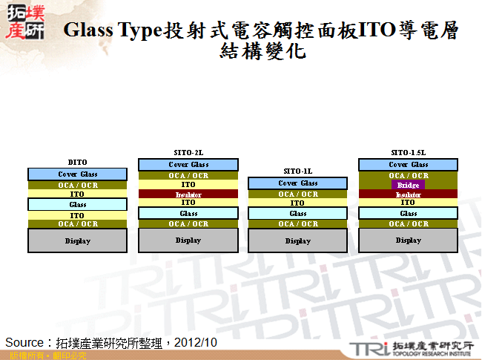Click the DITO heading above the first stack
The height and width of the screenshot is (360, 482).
[77, 162]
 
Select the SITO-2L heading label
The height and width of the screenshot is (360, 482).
[188, 152]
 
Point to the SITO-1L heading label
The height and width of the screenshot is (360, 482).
[297, 171]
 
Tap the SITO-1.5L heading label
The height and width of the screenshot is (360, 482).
[408, 152]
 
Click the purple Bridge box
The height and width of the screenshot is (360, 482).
[408, 185]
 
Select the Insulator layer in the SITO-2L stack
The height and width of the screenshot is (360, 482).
[188, 194]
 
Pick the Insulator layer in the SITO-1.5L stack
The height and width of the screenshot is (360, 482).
[408, 194]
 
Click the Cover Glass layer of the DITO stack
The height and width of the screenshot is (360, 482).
[77, 174]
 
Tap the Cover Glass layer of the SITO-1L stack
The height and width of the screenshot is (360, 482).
[297, 183]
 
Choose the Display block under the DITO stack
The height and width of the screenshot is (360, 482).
[77, 240]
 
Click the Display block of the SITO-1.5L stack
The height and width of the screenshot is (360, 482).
[408, 240]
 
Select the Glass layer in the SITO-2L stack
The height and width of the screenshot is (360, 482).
[188, 213]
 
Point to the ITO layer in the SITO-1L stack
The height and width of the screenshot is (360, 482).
[297, 203]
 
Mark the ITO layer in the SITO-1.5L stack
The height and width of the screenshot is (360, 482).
[408, 202]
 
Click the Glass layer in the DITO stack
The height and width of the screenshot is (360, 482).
[77, 204]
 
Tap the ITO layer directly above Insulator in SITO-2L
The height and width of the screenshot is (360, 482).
[188, 185]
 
